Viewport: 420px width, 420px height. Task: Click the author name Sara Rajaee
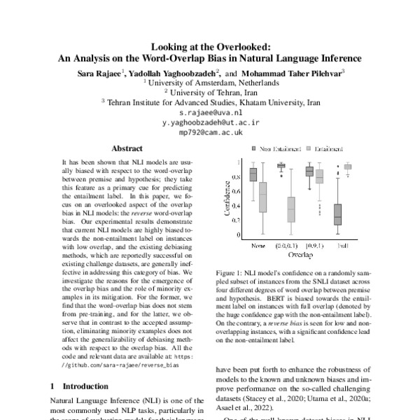pos(98,71)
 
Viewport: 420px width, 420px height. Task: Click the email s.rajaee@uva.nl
pos(210,112)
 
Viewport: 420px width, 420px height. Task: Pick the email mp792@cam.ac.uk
pos(210,132)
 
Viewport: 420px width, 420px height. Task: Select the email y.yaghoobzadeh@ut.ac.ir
pos(210,122)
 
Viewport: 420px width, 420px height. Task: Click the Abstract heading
pos(127,148)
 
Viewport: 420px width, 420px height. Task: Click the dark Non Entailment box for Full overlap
pos(337,214)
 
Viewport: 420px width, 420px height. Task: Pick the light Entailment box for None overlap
pos(263,197)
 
